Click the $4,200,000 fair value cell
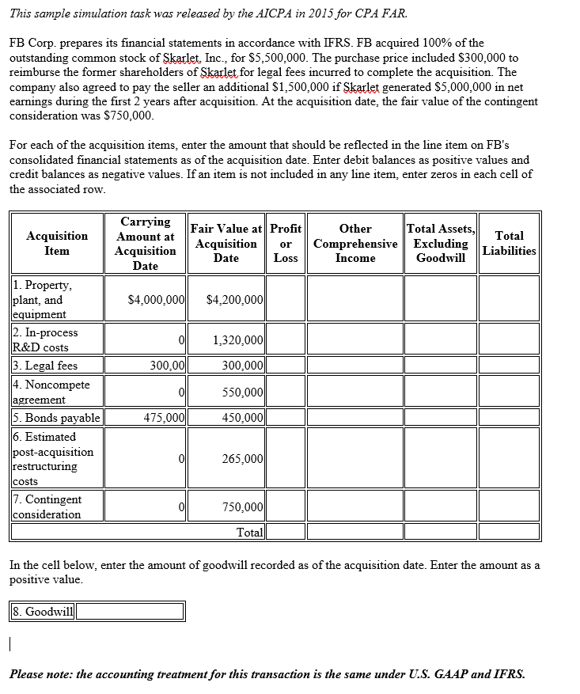(234, 300)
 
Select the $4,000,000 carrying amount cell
(156, 300)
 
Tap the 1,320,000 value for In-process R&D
(238, 340)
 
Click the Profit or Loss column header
(286, 243)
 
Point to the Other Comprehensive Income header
(355, 243)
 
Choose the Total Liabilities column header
(509, 243)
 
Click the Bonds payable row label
(56, 418)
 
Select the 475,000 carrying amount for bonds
(164, 418)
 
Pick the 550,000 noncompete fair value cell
(243, 393)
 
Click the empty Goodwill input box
(131, 611)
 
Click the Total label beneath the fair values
(250, 532)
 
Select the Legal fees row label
(45, 365)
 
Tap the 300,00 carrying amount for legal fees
(168, 365)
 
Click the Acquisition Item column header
(57, 243)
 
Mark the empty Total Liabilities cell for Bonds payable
(509, 418)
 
